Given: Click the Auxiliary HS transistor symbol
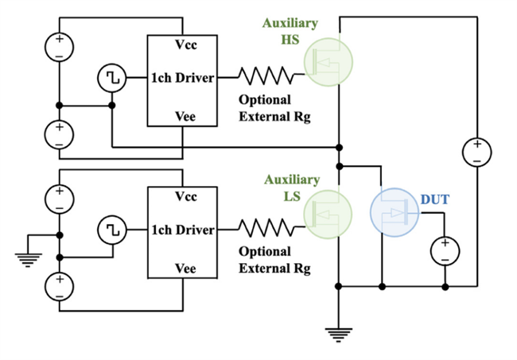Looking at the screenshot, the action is tap(328, 62).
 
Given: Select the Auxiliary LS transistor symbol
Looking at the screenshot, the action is tap(328, 214).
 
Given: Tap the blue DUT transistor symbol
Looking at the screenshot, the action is tap(395, 212).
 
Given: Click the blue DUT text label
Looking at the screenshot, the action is tap(435, 199).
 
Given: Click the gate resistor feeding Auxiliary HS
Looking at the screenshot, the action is tap(266, 75).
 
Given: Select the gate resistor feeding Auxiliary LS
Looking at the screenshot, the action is tap(266, 227).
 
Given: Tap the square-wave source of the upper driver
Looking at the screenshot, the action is tap(112, 78).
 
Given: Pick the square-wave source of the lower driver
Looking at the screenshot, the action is tap(112, 230).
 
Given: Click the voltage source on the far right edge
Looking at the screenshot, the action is tap(477, 152).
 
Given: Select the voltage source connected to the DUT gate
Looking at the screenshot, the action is tap(445, 251).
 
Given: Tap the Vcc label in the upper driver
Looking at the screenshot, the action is tap(186, 45).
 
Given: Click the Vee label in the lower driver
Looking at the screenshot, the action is tap(185, 269).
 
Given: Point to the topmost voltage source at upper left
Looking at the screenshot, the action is tap(60, 47).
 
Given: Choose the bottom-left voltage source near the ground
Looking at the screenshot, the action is tap(60, 287).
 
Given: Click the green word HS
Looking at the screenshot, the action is tap(290, 40).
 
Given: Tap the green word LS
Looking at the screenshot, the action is tap(292, 196).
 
